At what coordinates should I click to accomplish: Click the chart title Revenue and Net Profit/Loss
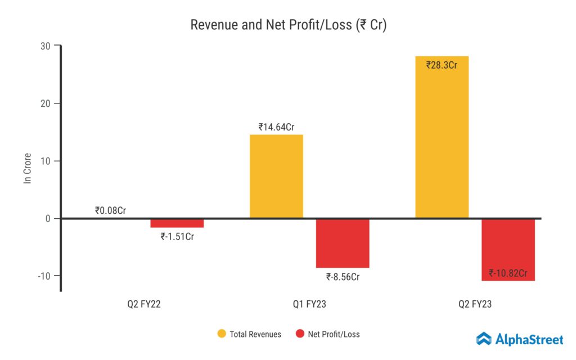288,25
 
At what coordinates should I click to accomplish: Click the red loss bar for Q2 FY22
177,223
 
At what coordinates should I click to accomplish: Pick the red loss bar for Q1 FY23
342,243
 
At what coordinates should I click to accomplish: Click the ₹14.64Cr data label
277,127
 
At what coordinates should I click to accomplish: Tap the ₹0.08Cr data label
111,211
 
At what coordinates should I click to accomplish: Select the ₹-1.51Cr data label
177,236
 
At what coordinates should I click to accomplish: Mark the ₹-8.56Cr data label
343,277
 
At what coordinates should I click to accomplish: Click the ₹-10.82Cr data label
508,273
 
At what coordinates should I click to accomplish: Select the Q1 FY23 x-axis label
309,305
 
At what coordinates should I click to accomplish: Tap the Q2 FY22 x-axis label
144,305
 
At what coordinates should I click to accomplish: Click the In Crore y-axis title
27,168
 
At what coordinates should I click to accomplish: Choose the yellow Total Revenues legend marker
222,334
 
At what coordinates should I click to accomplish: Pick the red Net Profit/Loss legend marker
300,334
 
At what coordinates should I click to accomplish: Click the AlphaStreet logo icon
484,339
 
